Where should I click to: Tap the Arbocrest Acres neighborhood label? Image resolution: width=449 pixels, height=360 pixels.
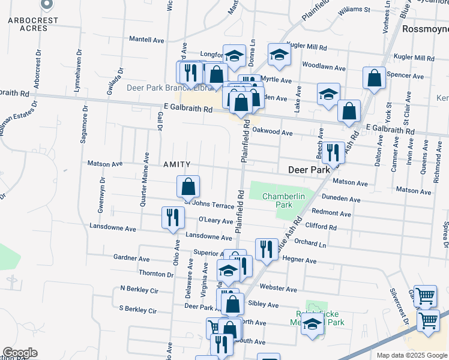tap(34, 24)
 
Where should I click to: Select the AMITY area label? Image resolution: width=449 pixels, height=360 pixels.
tap(176, 164)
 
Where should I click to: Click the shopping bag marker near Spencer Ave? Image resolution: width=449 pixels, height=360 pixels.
tap(374, 79)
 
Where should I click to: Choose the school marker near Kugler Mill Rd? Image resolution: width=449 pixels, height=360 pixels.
tap(279, 55)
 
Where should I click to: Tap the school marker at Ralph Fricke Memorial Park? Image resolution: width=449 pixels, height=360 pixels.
tap(312, 326)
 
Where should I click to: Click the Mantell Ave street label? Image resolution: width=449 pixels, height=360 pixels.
tap(147, 40)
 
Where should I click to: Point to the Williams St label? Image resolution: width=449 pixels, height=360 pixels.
tap(354, 10)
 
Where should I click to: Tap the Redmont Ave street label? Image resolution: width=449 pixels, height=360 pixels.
tap(331, 213)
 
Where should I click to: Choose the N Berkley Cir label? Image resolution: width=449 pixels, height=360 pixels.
tap(139, 290)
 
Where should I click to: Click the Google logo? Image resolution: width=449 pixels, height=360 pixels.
tap(20, 353)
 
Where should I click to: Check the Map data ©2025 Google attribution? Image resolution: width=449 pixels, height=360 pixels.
tap(411, 355)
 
